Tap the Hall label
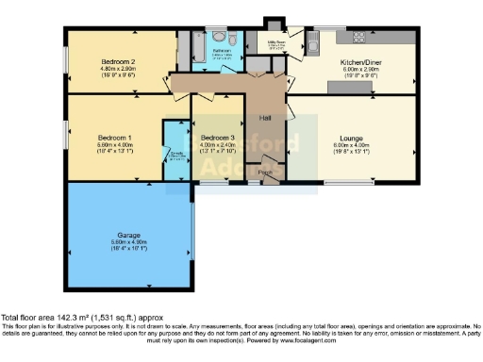[265, 118]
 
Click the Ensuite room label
[175, 156]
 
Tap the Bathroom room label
[224, 50]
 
